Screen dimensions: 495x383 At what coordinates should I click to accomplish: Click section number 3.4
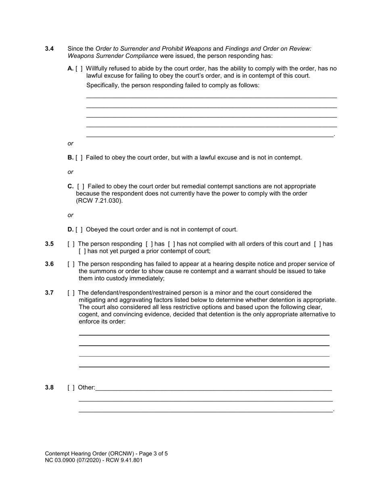(x=49, y=49)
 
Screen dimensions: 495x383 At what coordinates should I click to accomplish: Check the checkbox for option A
(x=79, y=69)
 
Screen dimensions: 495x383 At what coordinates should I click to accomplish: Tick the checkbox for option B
(x=79, y=158)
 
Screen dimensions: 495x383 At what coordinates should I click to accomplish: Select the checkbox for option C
(x=81, y=186)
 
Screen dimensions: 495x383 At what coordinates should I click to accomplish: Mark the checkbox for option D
(x=79, y=230)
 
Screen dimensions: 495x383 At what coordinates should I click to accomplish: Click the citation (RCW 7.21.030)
(x=99, y=201)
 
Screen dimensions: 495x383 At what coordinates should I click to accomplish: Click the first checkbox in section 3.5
(x=71, y=244)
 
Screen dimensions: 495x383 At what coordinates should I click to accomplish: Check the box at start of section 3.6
(x=71, y=264)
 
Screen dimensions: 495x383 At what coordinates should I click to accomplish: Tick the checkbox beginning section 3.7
(x=71, y=293)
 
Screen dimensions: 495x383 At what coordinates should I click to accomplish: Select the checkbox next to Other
(x=71, y=388)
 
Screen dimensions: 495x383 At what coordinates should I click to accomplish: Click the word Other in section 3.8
(x=86, y=388)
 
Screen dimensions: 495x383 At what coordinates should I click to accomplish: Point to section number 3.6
(x=49, y=264)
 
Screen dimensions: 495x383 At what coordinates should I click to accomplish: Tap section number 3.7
(x=49, y=293)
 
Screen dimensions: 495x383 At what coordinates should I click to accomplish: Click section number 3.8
(x=49, y=388)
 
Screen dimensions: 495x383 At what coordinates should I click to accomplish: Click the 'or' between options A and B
(x=71, y=144)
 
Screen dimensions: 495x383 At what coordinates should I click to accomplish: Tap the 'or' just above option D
(x=71, y=215)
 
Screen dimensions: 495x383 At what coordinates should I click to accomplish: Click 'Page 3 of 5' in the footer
(x=153, y=454)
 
